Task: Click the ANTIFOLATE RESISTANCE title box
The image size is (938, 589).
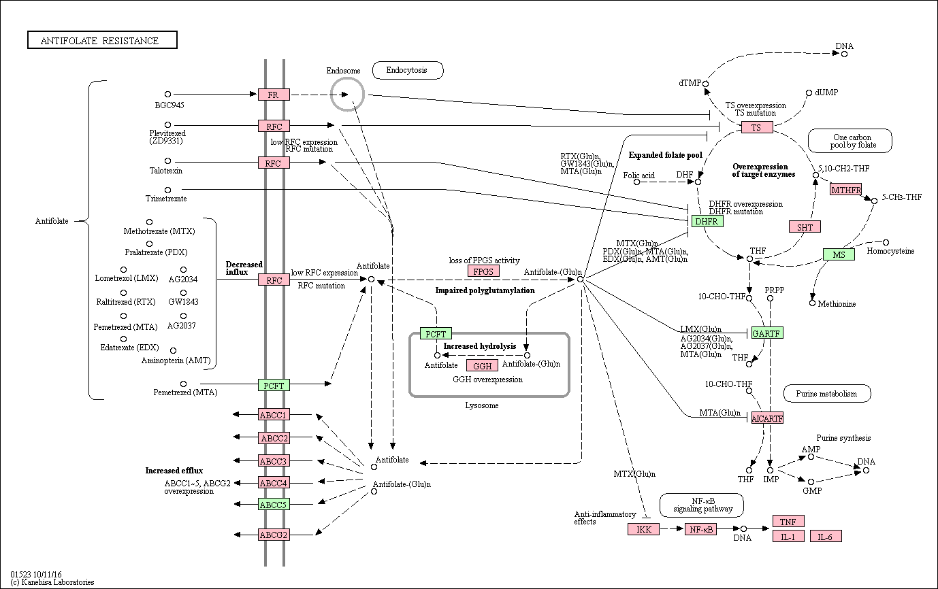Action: (102, 40)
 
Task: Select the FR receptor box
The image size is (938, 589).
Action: (274, 95)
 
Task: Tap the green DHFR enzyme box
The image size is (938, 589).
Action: (707, 221)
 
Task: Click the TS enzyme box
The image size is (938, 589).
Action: (757, 127)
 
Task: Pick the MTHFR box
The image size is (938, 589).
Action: (846, 190)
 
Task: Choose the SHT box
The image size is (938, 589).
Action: (805, 226)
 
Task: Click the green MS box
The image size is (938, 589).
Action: (839, 254)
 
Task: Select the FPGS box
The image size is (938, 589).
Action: (484, 271)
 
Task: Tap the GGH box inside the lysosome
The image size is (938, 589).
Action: (483, 366)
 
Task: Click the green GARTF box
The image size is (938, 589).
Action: (767, 333)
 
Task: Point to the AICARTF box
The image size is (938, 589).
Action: (767, 418)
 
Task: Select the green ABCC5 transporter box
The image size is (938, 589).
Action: (274, 504)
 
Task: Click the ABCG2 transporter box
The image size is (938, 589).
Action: (274, 535)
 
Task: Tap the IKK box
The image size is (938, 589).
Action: (644, 529)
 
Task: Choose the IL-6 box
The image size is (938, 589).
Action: (826, 537)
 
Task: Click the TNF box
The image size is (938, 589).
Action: (788, 521)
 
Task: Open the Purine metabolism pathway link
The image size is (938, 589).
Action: (827, 394)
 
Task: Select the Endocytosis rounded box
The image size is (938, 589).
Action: (408, 70)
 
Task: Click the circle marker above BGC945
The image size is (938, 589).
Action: (168, 94)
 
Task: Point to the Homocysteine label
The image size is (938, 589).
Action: (890, 251)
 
